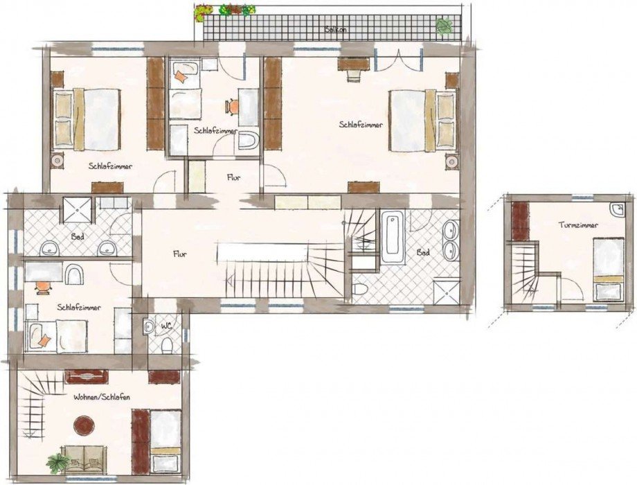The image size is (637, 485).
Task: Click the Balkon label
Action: coord(335,30)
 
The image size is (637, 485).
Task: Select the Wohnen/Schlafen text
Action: coord(102,397)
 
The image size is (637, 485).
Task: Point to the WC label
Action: coord(165,326)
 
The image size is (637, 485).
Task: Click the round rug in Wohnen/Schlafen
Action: coord(84,425)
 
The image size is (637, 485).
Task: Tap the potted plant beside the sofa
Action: coord(57,464)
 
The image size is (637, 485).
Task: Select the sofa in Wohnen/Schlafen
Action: coord(85,459)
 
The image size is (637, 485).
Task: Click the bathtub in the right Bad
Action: coord(393,237)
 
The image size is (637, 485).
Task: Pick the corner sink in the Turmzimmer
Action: coord(616,209)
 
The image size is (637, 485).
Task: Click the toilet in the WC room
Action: coord(167,345)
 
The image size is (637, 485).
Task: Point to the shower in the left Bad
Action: coord(77,210)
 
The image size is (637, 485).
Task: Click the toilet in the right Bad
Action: coord(359,289)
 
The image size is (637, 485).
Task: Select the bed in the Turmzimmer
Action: coord(609,270)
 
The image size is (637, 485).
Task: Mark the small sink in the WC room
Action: coord(148,326)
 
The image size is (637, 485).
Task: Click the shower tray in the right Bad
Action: coord(446,291)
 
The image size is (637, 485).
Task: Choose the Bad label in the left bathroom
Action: coord(77,236)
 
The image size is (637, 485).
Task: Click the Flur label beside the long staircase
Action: coord(179,254)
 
